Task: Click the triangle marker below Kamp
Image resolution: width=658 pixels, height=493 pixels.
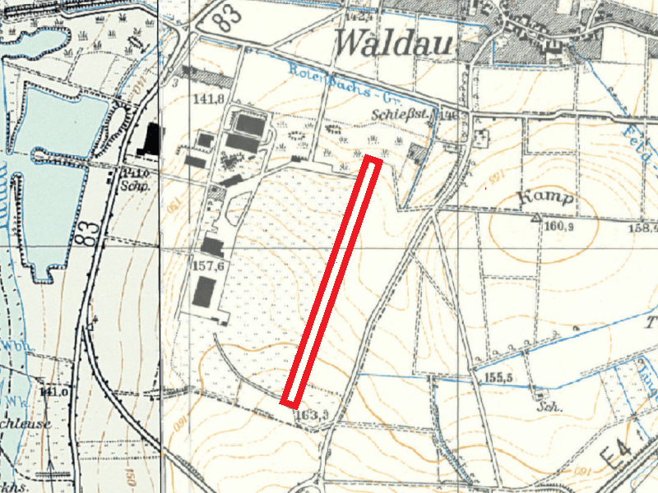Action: tap(535, 218)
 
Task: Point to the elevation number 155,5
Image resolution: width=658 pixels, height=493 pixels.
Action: tap(493, 377)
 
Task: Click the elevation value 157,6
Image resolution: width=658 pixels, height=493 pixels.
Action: tap(208, 266)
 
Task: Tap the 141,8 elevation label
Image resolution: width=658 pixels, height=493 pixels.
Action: tap(209, 99)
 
